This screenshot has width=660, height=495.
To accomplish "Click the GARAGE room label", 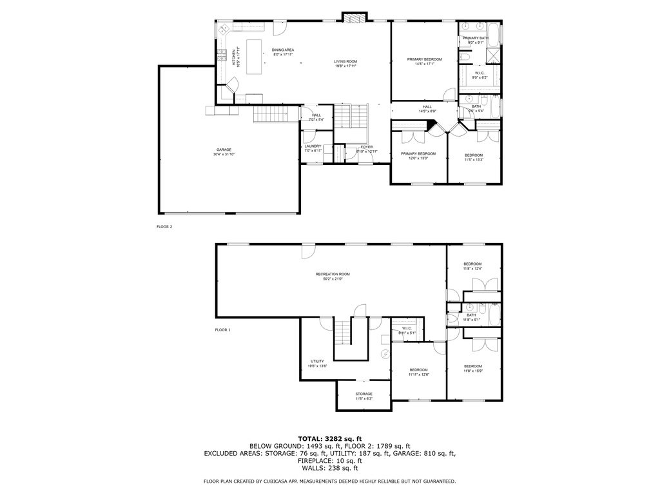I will (x=224, y=150).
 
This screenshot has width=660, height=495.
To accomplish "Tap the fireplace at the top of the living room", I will (x=354, y=18).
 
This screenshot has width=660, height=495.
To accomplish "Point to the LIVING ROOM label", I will (x=345, y=61).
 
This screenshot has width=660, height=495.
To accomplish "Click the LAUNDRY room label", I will (x=313, y=146).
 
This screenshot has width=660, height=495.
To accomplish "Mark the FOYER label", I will (x=367, y=147).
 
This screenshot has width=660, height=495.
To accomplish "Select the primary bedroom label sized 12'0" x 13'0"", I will (x=418, y=154).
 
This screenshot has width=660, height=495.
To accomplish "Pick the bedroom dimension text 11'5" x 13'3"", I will (x=474, y=160).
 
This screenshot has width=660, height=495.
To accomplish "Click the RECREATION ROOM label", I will (x=333, y=274).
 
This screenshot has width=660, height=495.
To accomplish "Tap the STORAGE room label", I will (x=364, y=394).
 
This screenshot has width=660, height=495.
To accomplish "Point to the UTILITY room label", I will (x=317, y=362).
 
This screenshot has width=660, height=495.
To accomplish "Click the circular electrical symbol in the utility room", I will (x=385, y=353).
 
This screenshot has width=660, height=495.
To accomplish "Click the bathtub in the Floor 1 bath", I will (x=493, y=315).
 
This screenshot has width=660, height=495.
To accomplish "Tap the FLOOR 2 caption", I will (x=164, y=227).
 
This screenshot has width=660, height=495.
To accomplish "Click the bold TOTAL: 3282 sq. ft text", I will (x=329, y=439).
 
